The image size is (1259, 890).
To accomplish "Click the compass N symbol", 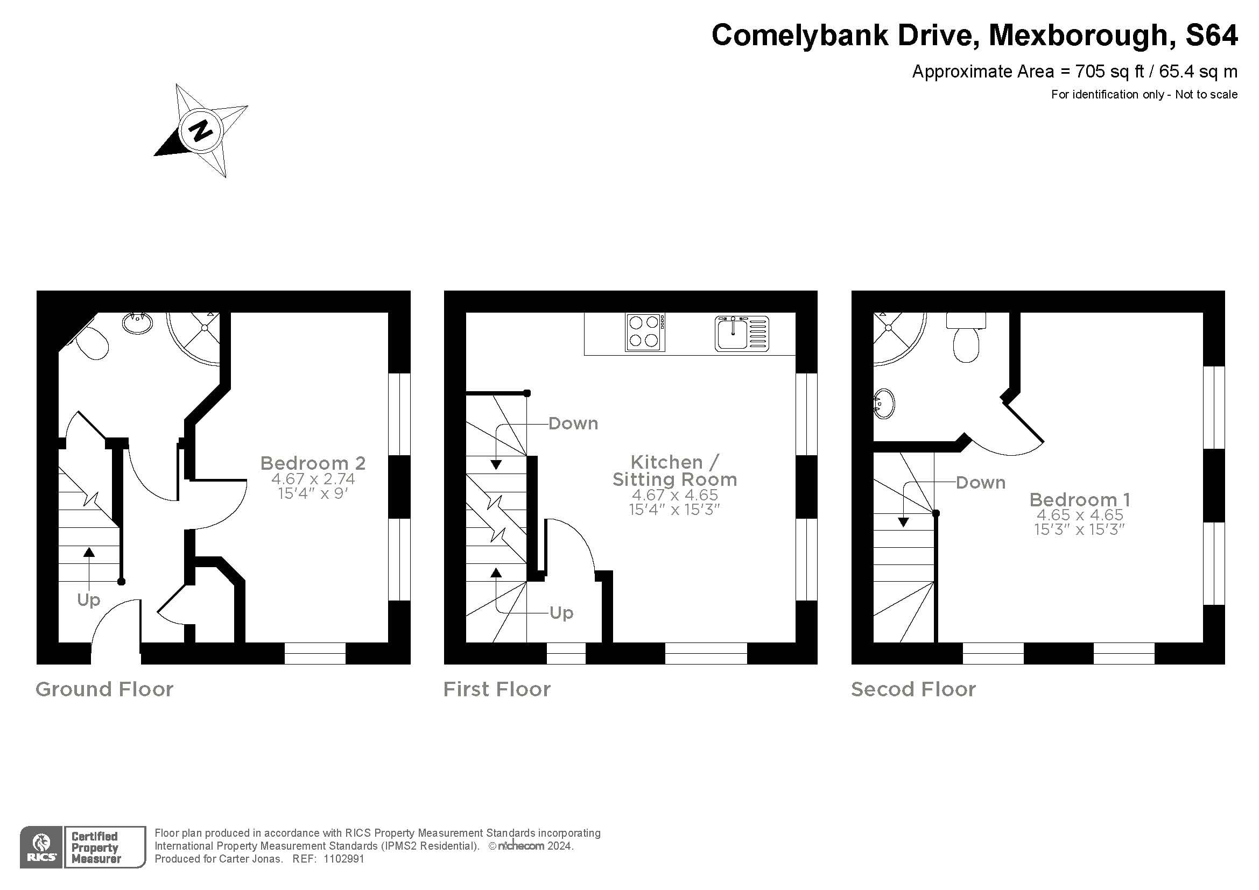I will [x=201, y=130].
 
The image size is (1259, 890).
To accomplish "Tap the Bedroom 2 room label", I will [x=313, y=464].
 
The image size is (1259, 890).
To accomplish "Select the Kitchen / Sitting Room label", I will [x=674, y=471].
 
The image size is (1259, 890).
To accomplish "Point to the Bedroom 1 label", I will [x=1079, y=500].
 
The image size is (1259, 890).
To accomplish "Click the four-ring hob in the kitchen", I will [x=645, y=332].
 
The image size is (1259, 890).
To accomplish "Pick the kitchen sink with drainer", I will [x=741, y=333].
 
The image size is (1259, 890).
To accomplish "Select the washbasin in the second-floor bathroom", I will [x=884, y=404].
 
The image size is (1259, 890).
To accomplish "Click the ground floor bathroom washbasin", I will [x=137, y=323].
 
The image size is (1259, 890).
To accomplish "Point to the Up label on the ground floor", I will [x=88, y=600].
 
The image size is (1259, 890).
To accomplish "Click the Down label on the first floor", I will [x=573, y=423].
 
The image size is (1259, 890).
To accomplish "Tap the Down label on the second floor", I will [x=980, y=483].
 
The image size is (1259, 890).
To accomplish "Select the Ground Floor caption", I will [x=104, y=689].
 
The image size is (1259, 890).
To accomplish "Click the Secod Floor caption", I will [x=913, y=689].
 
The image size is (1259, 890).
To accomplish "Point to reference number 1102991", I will [x=344, y=859].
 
